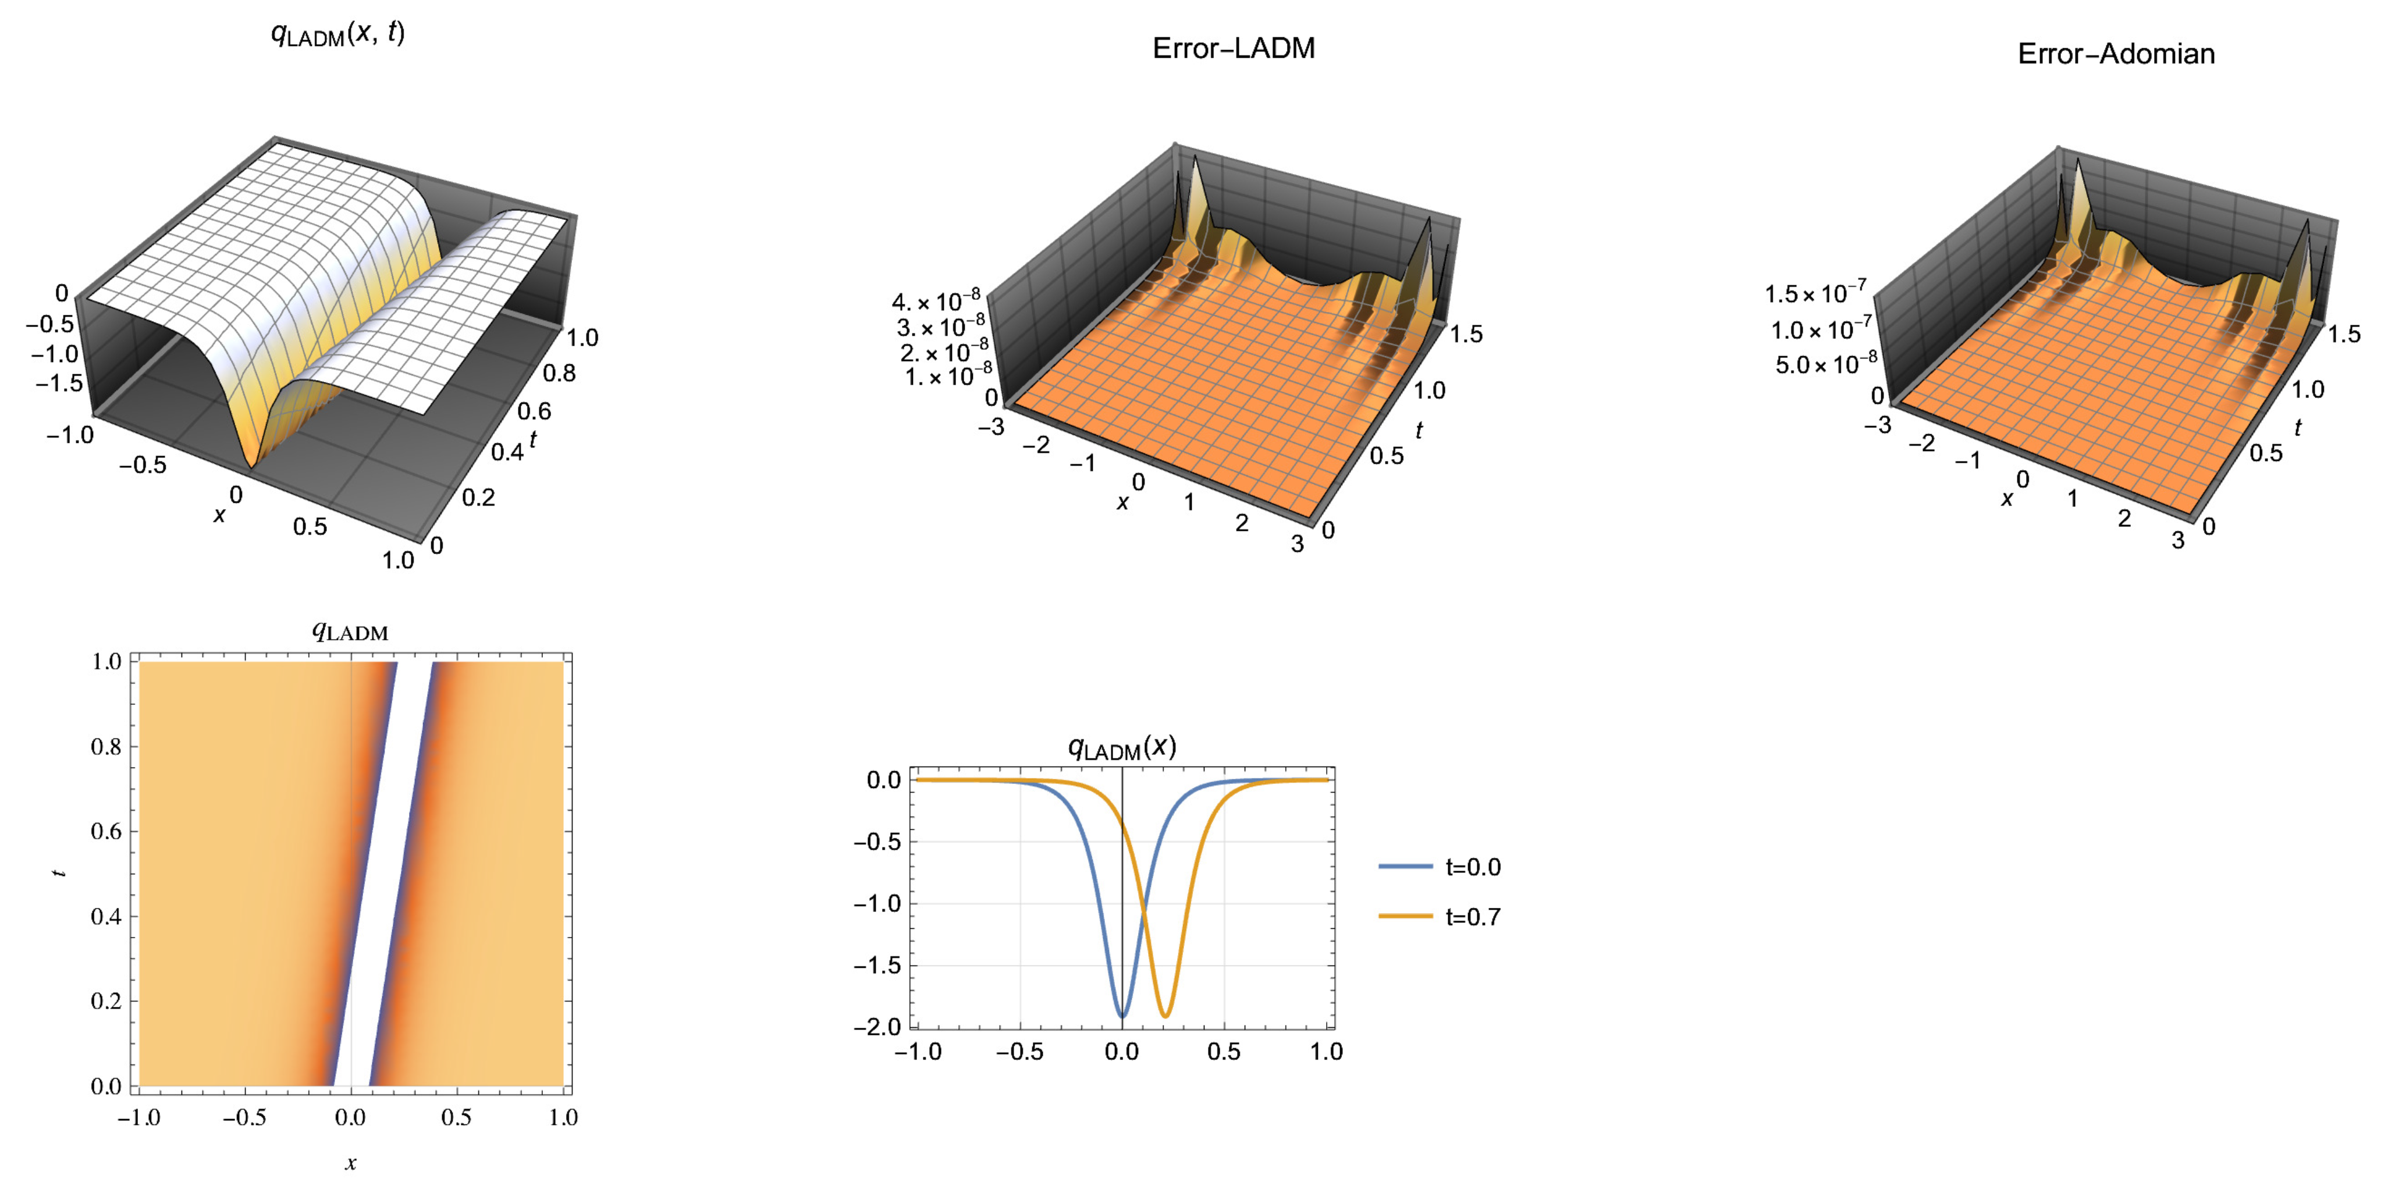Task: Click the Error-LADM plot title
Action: [x=1233, y=48]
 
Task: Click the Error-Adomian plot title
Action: [x=2116, y=54]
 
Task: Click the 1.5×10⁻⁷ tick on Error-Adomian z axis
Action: [x=1815, y=293]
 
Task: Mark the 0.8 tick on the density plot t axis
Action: [x=106, y=746]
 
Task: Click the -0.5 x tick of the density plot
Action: [x=245, y=1117]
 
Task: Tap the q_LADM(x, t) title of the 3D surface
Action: [x=337, y=34]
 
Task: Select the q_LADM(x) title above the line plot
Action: [x=1122, y=747]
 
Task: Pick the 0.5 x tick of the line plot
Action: [x=1224, y=1051]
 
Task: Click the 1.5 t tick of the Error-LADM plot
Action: [x=1466, y=333]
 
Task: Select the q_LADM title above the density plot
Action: [x=350, y=632]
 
